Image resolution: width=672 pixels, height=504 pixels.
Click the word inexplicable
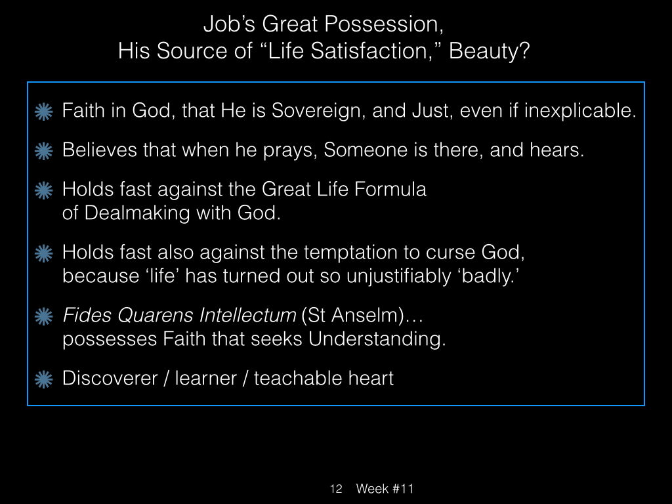pyautogui.click(x=580, y=111)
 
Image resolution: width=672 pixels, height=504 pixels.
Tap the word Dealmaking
pyautogui.click(x=136, y=213)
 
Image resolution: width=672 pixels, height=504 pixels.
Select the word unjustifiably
pyautogui.click(x=398, y=276)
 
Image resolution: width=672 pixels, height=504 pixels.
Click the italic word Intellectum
pyautogui.click(x=247, y=316)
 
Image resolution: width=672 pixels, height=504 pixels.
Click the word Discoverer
pyautogui.click(x=110, y=379)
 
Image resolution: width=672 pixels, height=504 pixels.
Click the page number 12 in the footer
pyautogui.click(x=336, y=488)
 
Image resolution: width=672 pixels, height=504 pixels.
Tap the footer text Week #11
pyautogui.click(x=385, y=488)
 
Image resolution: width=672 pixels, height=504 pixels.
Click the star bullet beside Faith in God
pyautogui.click(x=44, y=112)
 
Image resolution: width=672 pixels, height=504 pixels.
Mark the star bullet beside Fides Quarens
pyautogui.click(x=44, y=317)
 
